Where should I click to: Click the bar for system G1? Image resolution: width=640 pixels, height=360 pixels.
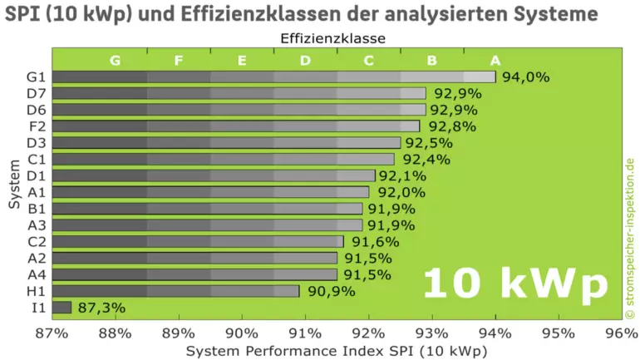274,77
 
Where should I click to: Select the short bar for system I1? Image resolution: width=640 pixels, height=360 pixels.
62,308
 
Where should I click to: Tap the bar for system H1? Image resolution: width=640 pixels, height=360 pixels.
175,291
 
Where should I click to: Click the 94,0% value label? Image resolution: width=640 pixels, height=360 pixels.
526,77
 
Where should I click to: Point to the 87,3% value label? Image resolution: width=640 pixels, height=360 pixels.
101,308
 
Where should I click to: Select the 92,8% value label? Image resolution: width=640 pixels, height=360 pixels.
451,126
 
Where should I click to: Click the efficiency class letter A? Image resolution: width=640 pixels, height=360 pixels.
495,61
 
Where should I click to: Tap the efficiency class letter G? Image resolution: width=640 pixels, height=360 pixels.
115,61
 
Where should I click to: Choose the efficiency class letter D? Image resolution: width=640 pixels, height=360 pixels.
305,61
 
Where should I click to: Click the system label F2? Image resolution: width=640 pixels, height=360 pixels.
36,126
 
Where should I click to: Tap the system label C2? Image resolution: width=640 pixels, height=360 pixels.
36,241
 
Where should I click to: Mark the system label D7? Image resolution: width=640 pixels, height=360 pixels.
36,93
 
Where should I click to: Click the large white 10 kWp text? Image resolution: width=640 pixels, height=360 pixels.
515,284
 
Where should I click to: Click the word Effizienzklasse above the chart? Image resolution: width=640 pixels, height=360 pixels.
332,37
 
